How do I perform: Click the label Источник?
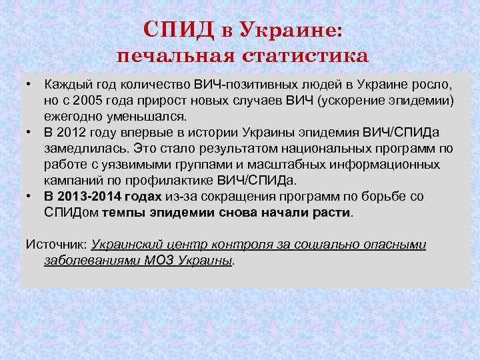[x=56, y=245]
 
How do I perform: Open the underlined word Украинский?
[x=127, y=245]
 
